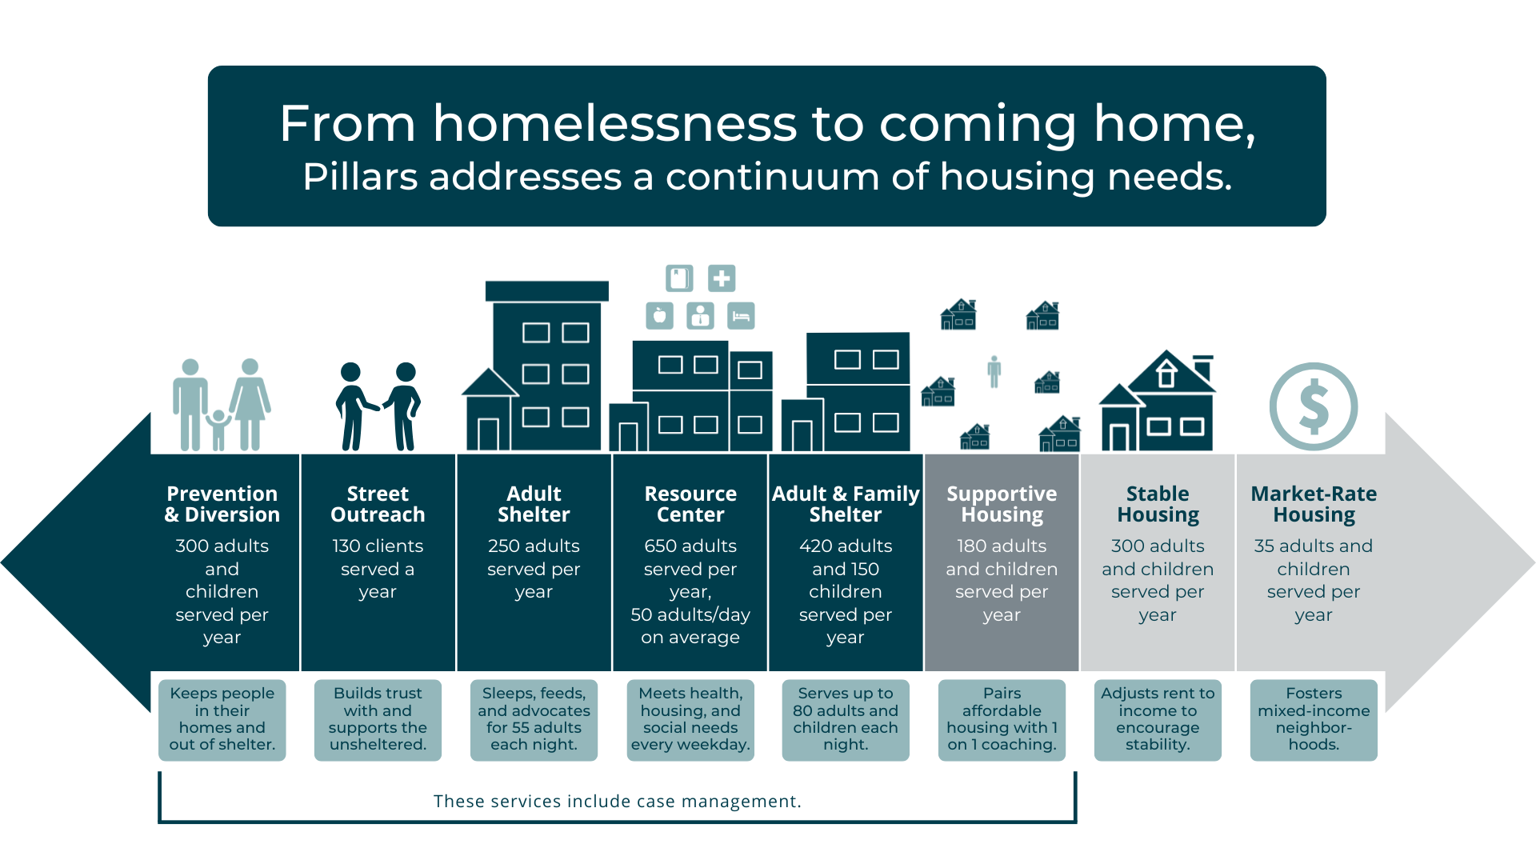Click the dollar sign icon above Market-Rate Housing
click(1313, 406)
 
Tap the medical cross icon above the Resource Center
click(722, 278)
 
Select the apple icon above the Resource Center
click(659, 316)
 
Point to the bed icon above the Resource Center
click(741, 316)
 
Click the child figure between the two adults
click(218, 430)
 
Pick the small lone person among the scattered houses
click(994, 371)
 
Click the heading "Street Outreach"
click(378, 504)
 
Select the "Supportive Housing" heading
click(1002, 504)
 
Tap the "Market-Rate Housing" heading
click(1314, 504)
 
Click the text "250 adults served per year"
click(534, 569)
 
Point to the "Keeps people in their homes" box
click(222, 719)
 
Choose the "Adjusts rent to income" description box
click(1158, 719)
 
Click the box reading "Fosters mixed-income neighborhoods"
click(1314, 719)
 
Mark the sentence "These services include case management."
click(617, 801)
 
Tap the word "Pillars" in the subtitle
click(360, 176)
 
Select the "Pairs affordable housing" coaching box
click(1002, 719)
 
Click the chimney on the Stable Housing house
click(1202, 367)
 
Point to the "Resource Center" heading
click(690, 504)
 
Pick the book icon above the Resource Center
click(679, 278)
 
